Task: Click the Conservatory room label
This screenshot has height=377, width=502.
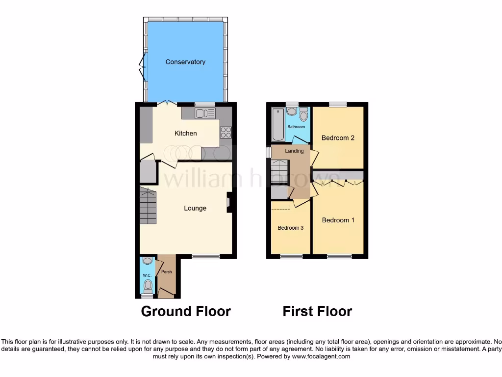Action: [x=185, y=62]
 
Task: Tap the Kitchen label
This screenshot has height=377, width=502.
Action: [x=186, y=133]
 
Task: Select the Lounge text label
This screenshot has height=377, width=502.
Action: [x=195, y=208]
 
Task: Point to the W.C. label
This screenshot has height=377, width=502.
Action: [x=147, y=275]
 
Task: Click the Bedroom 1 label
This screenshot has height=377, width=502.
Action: [x=338, y=220]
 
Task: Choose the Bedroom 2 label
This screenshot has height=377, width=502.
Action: [x=338, y=138]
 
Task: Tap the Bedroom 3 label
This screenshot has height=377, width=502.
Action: [x=290, y=228]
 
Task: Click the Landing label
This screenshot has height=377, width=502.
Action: [x=294, y=151]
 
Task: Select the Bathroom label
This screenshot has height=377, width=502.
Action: [x=296, y=127]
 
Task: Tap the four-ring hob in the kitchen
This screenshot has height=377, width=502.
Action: [x=226, y=132]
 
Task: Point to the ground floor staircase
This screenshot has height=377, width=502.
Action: [x=148, y=206]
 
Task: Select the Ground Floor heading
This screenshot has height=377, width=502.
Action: [x=186, y=311]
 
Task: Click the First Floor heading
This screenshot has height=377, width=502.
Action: [x=317, y=311]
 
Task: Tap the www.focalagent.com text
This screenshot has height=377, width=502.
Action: [x=321, y=356]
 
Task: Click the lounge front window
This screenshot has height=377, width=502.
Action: [x=205, y=256]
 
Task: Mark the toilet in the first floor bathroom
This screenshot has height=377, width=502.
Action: [x=303, y=114]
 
